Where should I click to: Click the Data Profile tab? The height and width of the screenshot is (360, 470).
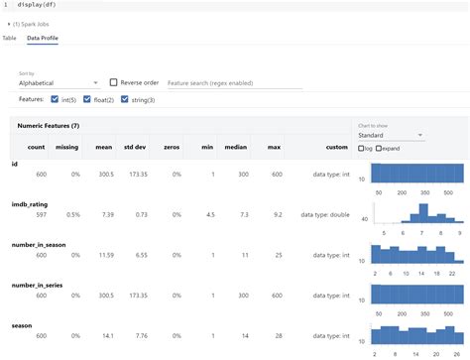point(43,38)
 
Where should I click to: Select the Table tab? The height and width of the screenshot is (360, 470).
point(9,38)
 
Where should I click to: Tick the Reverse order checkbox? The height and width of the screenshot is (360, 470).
point(115,83)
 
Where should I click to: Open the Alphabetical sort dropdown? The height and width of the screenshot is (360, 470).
point(58,83)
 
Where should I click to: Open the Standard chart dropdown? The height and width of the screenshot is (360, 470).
point(391,135)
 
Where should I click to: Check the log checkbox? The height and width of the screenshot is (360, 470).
point(362,148)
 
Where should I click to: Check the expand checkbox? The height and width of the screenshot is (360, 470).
point(379,148)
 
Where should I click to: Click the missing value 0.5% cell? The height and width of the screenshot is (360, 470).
point(70,213)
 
